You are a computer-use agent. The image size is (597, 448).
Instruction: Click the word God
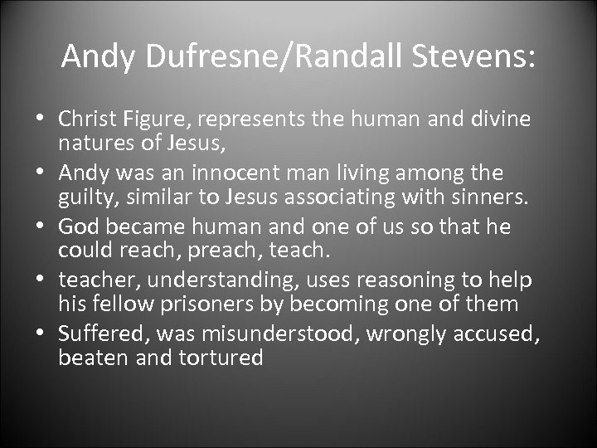pyautogui.click(x=78, y=227)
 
